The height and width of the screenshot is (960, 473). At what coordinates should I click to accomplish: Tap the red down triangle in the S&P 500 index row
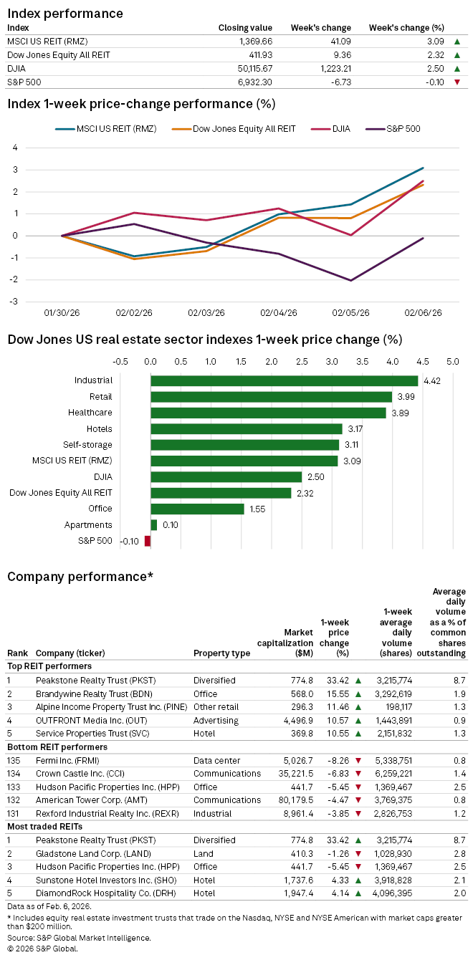coord(457,82)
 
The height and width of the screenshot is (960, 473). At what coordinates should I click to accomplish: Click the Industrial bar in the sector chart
coord(284,380)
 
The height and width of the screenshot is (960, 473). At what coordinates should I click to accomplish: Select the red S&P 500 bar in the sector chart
coord(148,541)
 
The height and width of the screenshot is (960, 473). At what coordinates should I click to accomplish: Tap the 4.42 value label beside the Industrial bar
coord(431,380)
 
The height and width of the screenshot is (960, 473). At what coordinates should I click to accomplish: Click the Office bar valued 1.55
coord(197,509)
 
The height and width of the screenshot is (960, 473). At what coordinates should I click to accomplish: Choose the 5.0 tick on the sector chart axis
coord(453,362)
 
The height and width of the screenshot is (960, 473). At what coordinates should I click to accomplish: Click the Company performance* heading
coord(80,577)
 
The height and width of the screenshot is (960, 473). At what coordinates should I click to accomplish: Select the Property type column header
coord(221,653)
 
